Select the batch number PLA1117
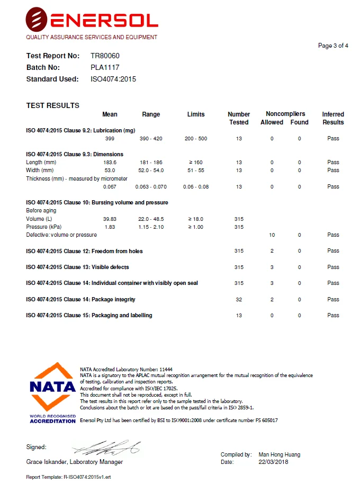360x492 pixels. [105, 67]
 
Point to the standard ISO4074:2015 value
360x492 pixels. [113, 79]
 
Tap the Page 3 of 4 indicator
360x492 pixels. [333, 46]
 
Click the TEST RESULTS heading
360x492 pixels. [53, 105]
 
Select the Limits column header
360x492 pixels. [196, 114]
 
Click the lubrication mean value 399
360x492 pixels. [110, 139]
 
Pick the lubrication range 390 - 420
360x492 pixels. [151, 139]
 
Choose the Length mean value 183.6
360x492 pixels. [110, 162]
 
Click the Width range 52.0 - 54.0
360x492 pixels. [151, 171]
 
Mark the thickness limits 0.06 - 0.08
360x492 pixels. [196, 187]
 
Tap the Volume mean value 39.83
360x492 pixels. [110, 219]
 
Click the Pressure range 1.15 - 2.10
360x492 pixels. [151, 227]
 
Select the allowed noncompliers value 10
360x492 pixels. [272, 235]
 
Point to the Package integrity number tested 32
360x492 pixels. [239, 300]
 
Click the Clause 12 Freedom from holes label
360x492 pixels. [84, 251]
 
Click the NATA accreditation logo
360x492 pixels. [52, 392]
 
